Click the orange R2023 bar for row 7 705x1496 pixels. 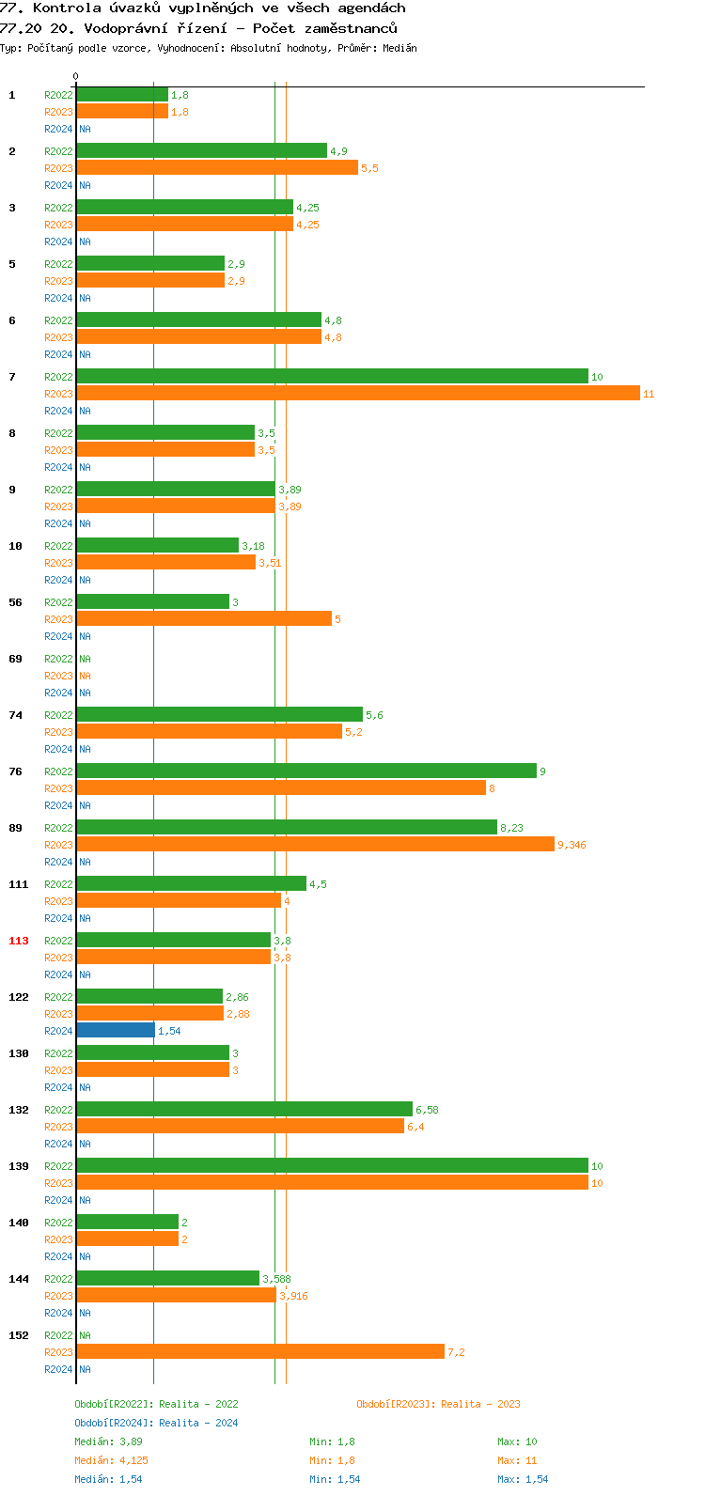pyautogui.click(x=357, y=394)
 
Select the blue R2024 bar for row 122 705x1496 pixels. pyautogui.click(x=116, y=1031)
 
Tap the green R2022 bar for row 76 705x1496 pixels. pyautogui.click(x=305, y=771)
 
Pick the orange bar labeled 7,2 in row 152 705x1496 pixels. pyautogui.click(x=260, y=1352)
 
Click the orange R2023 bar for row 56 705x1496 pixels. pyautogui.click(x=204, y=619)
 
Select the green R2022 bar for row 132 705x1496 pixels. pyautogui.click(x=244, y=1110)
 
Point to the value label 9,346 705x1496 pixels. pyautogui.click(x=572, y=845)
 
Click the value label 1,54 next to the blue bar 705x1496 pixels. pyautogui.click(x=169, y=1031)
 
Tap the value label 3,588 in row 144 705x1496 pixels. pyautogui.click(x=276, y=1279)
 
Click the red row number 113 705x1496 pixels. pyautogui.click(x=19, y=941)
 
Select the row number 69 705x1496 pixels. pyautogui.click(x=15, y=659)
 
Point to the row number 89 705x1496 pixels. pyautogui.click(x=15, y=828)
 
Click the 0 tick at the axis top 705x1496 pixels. pyautogui.click(x=76, y=77)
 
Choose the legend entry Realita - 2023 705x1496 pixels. pyautogui.click(x=438, y=1404)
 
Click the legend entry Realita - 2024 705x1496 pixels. pyautogui.click(x=156, y=1423)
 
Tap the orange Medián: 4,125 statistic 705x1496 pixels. pyautogui.click(x=111, y=1460)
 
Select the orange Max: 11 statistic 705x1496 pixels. pyautogui.click(x=517, y=1460)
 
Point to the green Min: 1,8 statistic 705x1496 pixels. pyautogui.click(x=332, y=1441)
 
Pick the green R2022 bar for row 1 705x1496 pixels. pyautogui.click(x=122, y=95)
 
